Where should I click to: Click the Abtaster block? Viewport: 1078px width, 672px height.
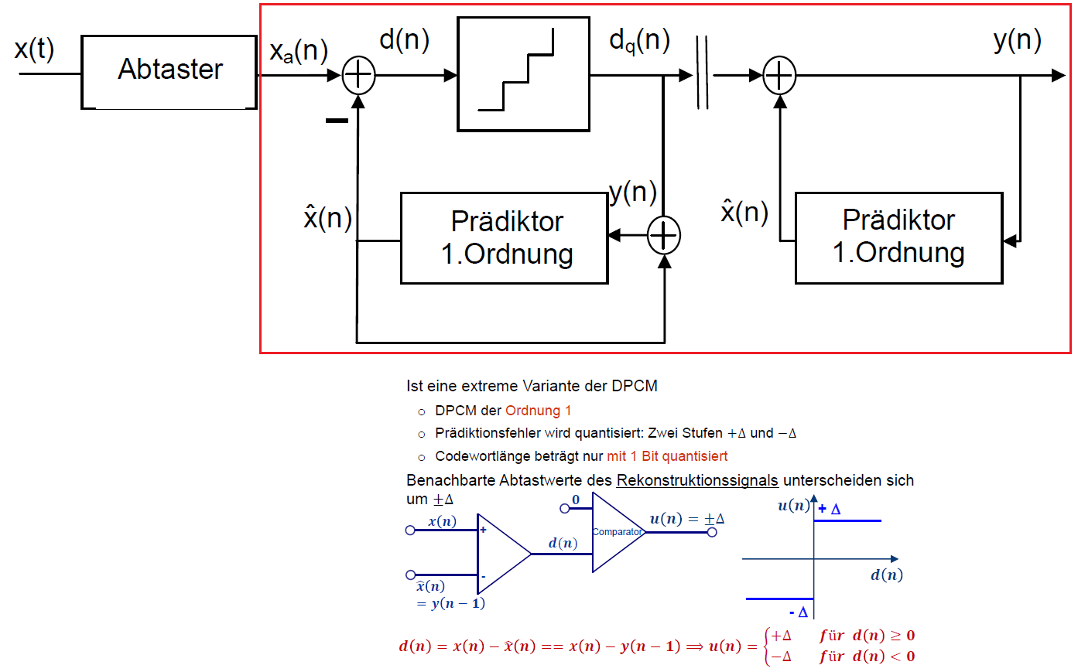click(169, 71)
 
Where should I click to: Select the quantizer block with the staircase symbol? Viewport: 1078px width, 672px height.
click(523, 74)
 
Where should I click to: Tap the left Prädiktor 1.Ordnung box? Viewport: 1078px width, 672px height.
click(504, 237)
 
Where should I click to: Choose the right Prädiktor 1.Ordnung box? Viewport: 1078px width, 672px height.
click(898, 237)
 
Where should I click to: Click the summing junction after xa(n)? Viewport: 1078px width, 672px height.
click(358, 75)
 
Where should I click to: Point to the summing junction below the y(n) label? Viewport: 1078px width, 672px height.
click(664, 236)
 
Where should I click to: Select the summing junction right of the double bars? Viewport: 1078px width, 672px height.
click(779, 75)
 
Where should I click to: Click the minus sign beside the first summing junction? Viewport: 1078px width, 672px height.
click(337, 121)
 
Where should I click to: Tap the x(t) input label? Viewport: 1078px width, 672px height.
click(34, 49)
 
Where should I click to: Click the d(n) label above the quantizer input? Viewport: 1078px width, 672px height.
click(404, 39)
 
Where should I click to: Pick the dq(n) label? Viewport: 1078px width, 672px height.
click(639, 40)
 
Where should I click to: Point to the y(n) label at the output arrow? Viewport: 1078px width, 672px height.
click(1017, 39)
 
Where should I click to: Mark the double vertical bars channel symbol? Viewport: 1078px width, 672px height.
click(702, 72)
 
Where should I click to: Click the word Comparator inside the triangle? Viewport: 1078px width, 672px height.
click(617, 532)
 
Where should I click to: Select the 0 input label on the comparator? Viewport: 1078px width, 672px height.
click(576, 500)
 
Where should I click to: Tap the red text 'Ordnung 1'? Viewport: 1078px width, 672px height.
click(538, 411)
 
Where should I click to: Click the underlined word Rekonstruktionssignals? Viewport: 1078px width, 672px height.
click(696, 480)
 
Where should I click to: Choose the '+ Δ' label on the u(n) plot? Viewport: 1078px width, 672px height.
click(830, 509)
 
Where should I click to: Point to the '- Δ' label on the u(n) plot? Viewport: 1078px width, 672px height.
click(799, 612)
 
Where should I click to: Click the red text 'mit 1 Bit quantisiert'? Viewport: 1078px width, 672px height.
click(667, 456)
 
